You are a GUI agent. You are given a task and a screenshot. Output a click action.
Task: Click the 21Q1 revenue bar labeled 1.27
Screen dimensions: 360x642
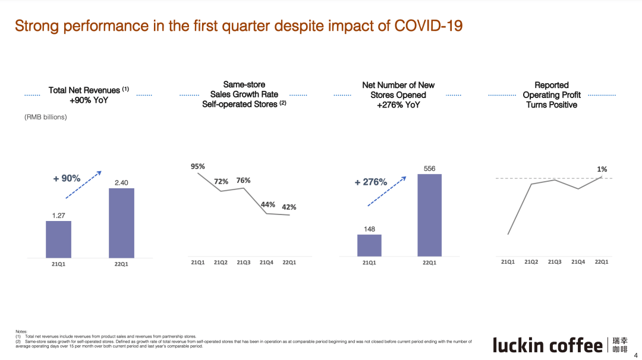click(58, 239)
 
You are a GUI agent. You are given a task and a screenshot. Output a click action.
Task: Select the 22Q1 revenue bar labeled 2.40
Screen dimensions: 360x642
click(121, 223)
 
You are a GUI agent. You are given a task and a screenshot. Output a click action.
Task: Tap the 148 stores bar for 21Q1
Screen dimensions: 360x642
click(369, 245)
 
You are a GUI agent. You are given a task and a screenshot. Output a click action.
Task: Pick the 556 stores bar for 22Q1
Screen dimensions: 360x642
click(429, 215)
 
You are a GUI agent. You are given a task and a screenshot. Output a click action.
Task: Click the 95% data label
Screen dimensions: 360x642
click(197, 167)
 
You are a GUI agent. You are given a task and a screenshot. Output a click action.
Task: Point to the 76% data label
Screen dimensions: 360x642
click(243, 181)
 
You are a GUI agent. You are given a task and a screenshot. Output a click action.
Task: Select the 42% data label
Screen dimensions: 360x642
click(289, 207)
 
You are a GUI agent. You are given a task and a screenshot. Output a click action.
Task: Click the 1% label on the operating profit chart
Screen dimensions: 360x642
click(602, 170)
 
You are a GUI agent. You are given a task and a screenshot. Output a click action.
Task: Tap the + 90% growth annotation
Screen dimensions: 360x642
click(67, 178)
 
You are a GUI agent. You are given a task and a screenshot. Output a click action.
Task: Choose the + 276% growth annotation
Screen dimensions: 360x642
click(371, 182)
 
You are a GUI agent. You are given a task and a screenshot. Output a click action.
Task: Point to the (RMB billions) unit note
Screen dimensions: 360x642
click(46, 118)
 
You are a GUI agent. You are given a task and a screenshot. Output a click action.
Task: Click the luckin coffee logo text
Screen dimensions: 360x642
click(547, 345)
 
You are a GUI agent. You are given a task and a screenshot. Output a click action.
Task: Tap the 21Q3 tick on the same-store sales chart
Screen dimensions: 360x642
click(244, 262)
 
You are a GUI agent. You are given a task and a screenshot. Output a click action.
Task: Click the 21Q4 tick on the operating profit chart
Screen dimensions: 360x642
click(578, 261)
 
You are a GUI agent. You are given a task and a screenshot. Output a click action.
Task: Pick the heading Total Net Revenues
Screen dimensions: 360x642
click(85, 90)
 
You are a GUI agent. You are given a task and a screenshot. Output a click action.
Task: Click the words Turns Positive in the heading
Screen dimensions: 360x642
click(551, 105)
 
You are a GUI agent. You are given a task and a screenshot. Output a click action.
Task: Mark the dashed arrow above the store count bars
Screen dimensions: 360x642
click(386, 191)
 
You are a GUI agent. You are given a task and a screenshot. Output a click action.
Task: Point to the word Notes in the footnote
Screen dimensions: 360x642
click(21, 331)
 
